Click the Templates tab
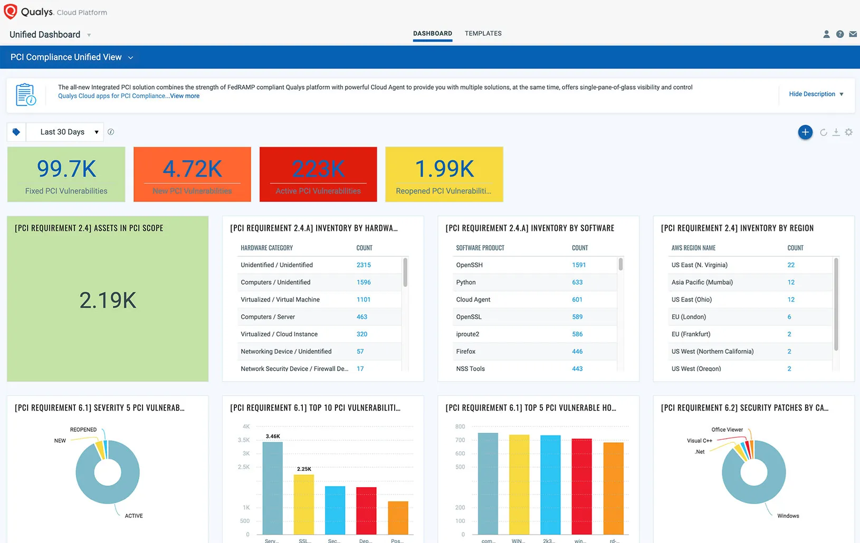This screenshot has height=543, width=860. click(483, 33)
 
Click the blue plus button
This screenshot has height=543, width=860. click(805, 132)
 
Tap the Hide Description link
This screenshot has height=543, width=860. click(812, 94)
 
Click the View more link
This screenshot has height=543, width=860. click(185, 96)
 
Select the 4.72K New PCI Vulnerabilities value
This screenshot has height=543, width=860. click(192, 169)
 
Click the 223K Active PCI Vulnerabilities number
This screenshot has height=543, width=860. click(318, 169)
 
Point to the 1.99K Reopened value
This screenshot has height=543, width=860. click(444, 169)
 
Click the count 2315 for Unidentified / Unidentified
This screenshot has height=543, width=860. click(364, 265)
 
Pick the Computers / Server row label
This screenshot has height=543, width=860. click(267, 317)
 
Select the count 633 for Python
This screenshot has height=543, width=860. click(577, 283)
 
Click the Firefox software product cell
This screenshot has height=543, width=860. click(466, 352)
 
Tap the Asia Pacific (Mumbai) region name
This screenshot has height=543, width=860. click(702, 283)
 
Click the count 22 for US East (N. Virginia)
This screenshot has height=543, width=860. click(791, 265)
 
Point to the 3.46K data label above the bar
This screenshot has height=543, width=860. click(273, 437)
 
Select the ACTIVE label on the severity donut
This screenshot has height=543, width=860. click(133, 516)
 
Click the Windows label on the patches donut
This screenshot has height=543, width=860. click(788, 516)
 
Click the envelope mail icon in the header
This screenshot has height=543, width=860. click(853, 34)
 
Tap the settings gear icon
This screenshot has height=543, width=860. click(848, 132)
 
